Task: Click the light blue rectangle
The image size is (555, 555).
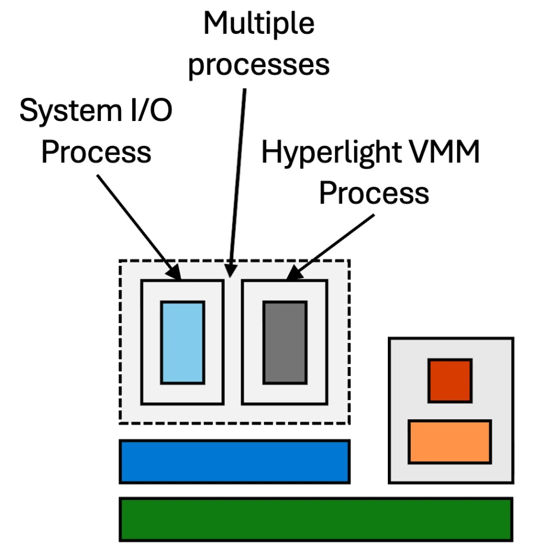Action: point(183,342)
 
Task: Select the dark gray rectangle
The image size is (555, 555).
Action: point(285,342)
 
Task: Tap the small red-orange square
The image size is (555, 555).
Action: point(450,380)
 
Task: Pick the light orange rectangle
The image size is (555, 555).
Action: point(449,441)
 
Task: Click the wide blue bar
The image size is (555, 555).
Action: point(234,461)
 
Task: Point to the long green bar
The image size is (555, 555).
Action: point(315,519)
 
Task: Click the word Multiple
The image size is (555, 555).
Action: point(259,24)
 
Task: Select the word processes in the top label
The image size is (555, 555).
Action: point(259,63)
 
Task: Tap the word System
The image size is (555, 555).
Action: point(66,111)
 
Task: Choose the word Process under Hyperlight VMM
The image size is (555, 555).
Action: point(374,193)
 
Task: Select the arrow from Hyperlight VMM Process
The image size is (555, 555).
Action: point(332,246)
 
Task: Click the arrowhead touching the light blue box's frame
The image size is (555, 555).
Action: point(174,273)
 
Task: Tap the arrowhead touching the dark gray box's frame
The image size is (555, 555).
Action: point(294,273)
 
